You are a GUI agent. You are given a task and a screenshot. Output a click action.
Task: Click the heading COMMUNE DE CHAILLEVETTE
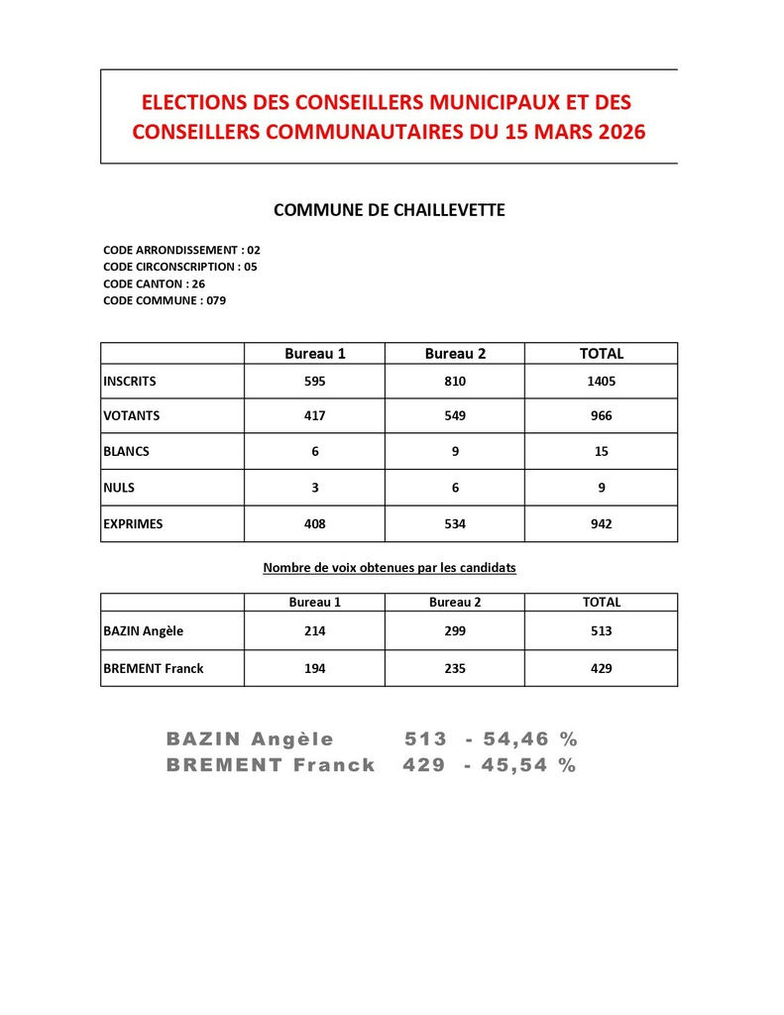pos(389,210)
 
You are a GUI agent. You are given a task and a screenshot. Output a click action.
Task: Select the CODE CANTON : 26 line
pos(154,283)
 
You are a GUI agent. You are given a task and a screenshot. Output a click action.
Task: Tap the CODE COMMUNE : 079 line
pos(165,300)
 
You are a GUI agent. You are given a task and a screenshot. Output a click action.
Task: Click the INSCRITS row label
pos(130,381)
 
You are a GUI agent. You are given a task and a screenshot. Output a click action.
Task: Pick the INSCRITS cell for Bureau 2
pos(455,381)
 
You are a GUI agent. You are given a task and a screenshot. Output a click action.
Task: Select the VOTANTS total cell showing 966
pos(601,416)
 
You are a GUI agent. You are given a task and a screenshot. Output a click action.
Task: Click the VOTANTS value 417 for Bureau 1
pos(314,416)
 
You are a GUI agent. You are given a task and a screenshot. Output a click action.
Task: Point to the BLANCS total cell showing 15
pos(601,451)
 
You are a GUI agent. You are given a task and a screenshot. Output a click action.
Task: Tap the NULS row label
pos(119,488)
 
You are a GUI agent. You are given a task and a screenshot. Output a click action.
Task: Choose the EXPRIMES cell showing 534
pos(455,523)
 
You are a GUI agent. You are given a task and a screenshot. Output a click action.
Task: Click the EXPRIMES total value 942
pos(601,523)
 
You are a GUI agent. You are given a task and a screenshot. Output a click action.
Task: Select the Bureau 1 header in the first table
pos(314,354)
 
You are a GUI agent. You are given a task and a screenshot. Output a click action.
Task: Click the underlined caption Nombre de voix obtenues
pos(389,568)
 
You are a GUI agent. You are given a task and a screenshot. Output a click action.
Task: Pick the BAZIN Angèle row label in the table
pos(144,630)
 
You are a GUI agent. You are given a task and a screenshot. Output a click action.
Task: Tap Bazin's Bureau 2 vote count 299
pos(455,630)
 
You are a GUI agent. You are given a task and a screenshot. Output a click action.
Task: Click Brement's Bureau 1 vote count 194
pos(314,668)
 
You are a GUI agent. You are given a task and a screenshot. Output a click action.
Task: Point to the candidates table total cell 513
pos(601,630)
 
